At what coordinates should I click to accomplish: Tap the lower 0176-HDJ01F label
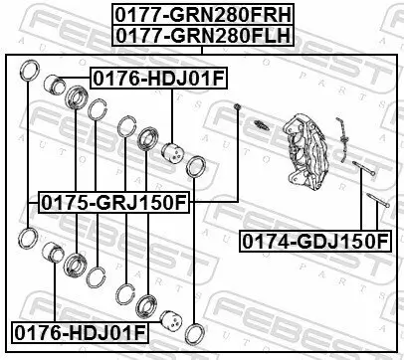point(76,330)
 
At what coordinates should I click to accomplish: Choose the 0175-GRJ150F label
point(112,203)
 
